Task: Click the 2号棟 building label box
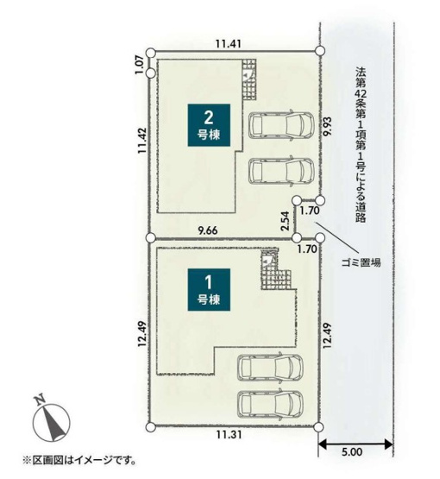tap(209, 125)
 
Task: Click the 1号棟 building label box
tap(209, 290)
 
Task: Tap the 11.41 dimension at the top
tap(229, 44)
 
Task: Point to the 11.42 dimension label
tap(142, 141)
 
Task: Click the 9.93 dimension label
tap(328, 126)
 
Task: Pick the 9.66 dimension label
tap(208, 230)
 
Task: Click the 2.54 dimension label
tap(285, 221)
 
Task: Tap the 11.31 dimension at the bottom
tap(229, 434)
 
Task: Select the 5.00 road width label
tap(352, 451)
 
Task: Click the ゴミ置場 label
tap(361, 262)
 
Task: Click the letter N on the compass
tap(41, 400)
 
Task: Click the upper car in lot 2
tap(281, 124)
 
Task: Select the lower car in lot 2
tap(281, 171)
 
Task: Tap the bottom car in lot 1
tap(271, 404)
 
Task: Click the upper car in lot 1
tap(271, 367)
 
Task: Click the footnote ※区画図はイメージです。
tap(79, 460)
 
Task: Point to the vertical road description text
tap(361, 144)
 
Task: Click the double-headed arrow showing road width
tap(355, 444)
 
